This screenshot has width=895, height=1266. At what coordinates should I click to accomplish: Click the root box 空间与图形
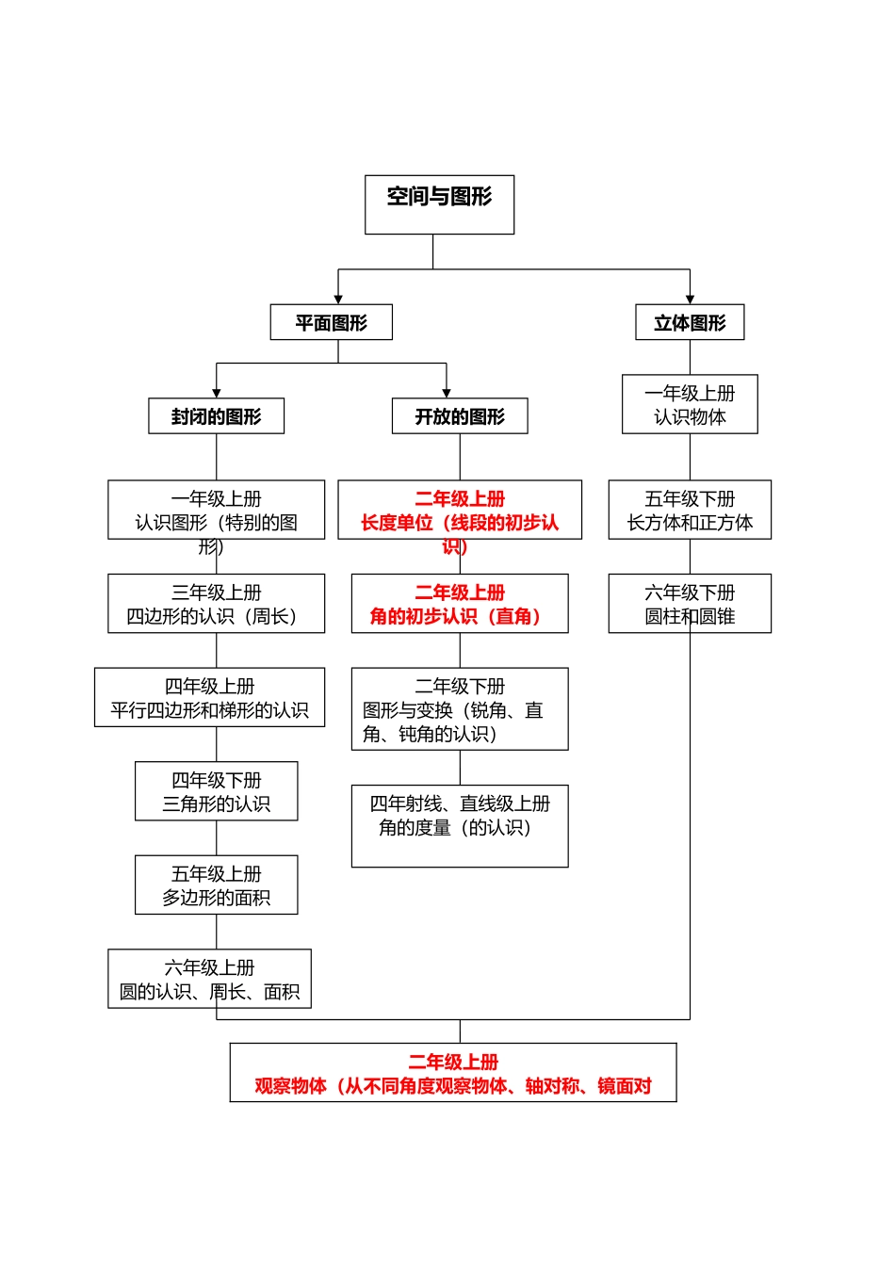tap(439, 204)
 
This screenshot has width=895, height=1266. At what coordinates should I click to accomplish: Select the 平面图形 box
tap(331, 322)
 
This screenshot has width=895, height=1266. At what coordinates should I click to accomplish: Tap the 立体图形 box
tap(690, 322)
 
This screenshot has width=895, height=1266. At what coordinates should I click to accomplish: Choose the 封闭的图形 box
tap(216, 415)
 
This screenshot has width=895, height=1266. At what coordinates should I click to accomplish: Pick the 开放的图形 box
tap(460, 415)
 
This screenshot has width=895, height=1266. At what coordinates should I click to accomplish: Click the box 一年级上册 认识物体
tap(690, 404)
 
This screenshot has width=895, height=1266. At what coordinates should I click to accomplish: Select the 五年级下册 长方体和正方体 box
tap(690, 510)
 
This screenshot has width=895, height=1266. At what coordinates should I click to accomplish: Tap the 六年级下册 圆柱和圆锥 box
tap(690, 603)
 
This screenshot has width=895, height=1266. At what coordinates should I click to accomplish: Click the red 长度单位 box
tap(460, 510)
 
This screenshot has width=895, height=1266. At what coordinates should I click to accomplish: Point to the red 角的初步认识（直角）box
tap(460, 603)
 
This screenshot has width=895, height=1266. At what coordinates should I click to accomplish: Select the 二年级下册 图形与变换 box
tap(460, 708)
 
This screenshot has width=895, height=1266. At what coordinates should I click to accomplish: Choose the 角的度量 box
tap(460, 825)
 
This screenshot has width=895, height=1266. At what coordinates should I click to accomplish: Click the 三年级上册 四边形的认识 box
tap(216, 603)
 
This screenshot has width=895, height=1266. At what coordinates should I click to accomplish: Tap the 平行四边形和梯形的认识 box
tap(209, 697)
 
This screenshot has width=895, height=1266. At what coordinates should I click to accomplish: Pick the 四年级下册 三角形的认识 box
tap(216, 790)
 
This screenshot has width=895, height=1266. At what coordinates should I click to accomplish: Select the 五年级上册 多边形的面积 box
tap(216, 885)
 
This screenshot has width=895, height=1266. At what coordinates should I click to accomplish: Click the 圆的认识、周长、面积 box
tap(209, 979)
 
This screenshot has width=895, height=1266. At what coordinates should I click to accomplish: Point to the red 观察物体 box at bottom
tap(453, 1072)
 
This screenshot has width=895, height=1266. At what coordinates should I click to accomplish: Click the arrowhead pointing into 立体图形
tap(690, 299)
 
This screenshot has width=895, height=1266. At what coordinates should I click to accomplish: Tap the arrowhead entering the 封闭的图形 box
tap(217, 393)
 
